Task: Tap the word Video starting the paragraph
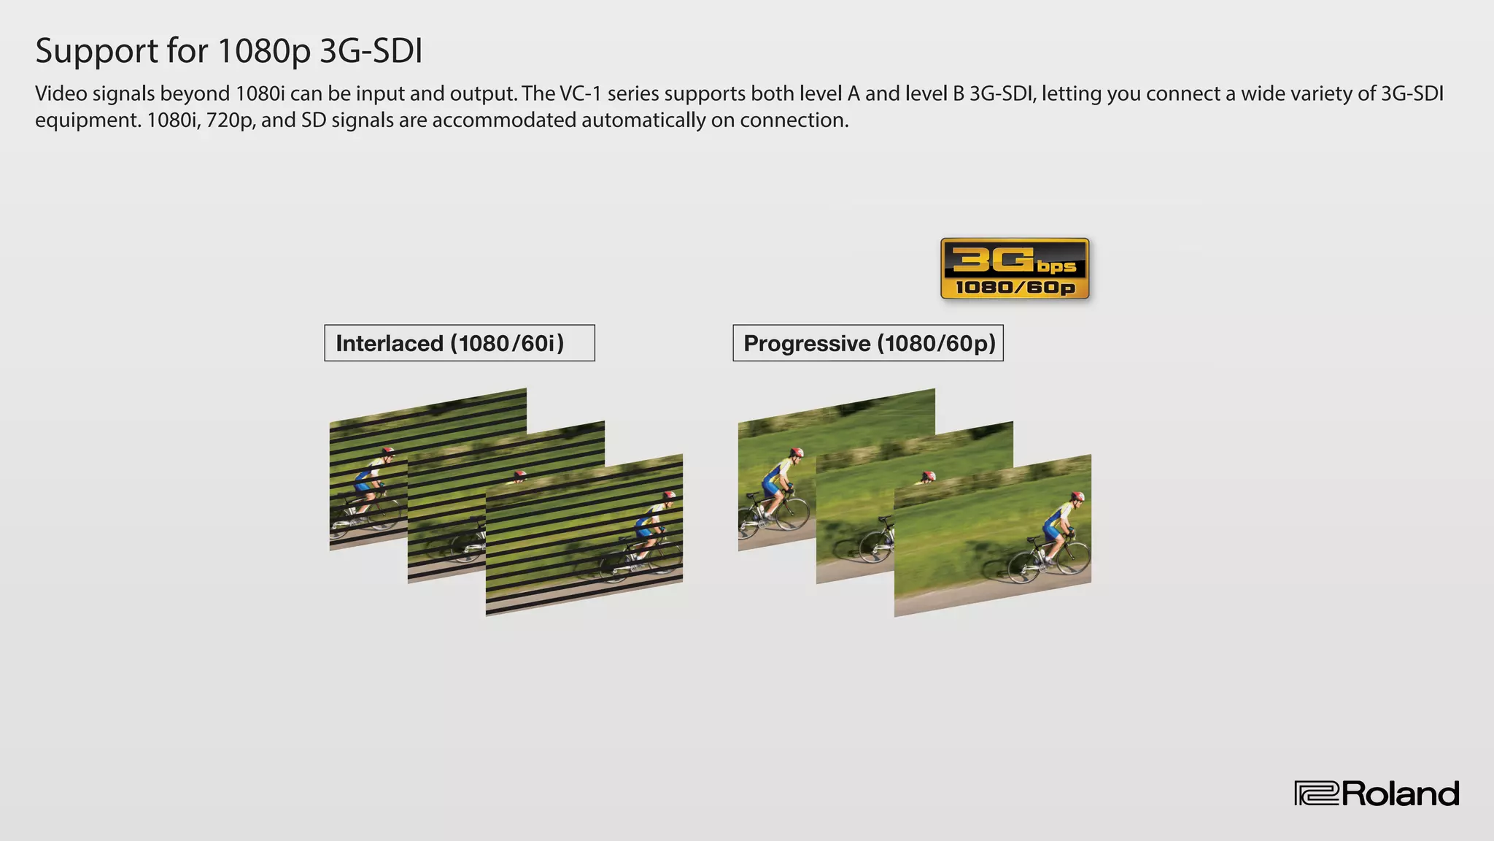(x=61, y=93)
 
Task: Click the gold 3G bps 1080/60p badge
(x=1015, y=269)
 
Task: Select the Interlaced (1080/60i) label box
(x=460, y=343)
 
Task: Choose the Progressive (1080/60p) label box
(x=868, y=343)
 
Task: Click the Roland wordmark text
(x=1400, y=794)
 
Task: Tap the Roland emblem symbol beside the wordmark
(x=1317, y=794)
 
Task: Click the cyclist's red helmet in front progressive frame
(x=1077, y=497)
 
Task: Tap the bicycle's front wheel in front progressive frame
(x=1072, y=558)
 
